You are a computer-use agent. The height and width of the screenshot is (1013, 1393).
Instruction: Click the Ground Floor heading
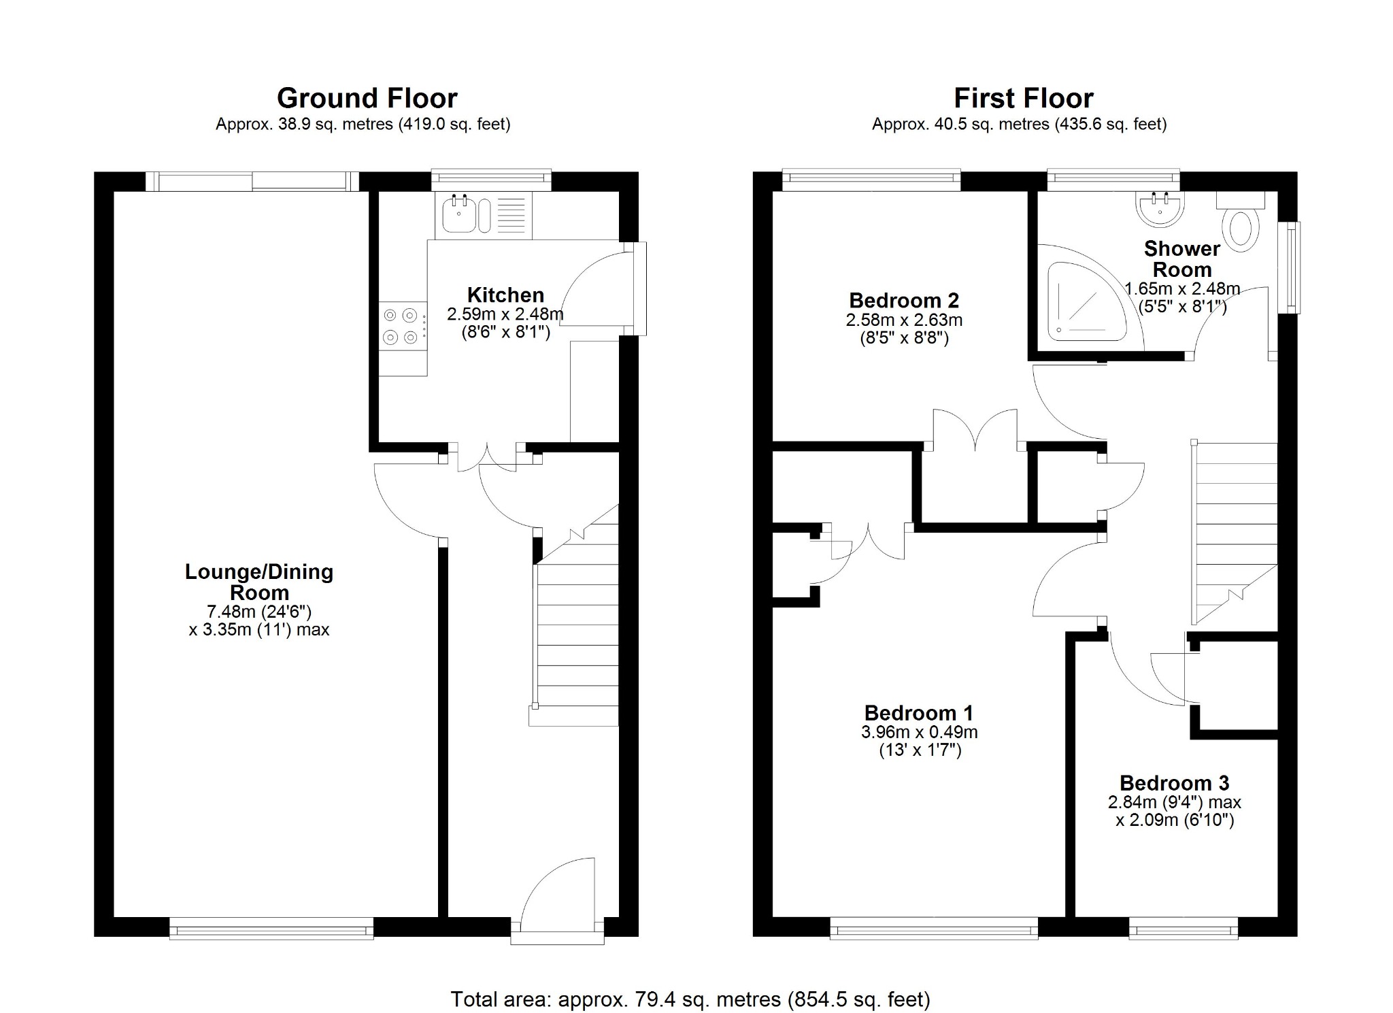pos(367,99)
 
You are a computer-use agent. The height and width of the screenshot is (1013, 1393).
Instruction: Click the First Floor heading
pos(1023,99)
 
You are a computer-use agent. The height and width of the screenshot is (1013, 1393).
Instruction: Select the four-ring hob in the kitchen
pos(401,326)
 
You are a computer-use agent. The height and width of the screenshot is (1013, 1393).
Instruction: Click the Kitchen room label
pos(505,295)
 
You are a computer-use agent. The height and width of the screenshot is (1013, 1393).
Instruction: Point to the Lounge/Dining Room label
pos(259,582)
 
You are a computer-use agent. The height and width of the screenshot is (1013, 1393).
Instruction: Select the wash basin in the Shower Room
pos(1160,209)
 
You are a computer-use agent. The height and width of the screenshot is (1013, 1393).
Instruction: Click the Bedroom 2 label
pos(904,300)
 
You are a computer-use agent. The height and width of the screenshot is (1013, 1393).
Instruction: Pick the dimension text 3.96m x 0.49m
pos(919,732)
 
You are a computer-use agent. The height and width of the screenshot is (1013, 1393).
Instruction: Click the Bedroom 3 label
pos(1174,783)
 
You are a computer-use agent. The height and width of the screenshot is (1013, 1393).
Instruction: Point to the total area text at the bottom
pos(690,999)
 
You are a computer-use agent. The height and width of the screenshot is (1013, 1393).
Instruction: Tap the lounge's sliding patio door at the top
pos(252,181)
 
